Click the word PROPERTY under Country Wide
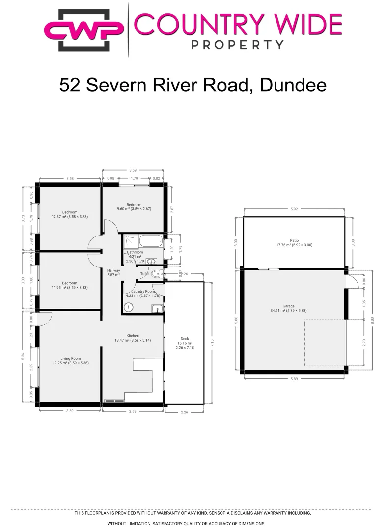tap(237, 45)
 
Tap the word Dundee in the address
tap(293, 85)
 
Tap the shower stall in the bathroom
tap(130, 241)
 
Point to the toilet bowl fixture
tap(156, 274)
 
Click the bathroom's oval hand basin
tap(152, 262)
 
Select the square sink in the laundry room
tap(157, 309)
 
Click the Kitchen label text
tap(133, 336)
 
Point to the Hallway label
tap(113, 270)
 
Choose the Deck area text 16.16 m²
tap(185, 343)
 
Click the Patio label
tap(294, 240)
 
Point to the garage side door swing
tap(352, 281)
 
